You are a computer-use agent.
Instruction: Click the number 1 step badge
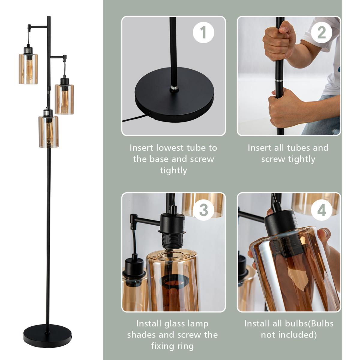[203, 33]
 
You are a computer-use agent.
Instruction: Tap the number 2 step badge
[321, 33]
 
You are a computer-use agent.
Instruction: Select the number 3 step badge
[203, 210]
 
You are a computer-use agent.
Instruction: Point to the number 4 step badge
[322, 210]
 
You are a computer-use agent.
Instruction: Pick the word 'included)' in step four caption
[297, 335]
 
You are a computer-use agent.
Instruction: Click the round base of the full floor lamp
[48, 336]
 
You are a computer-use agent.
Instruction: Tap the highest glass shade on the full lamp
[28, 69]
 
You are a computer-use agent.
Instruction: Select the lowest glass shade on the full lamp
[49, 132]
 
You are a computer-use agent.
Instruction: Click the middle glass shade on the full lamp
[64, 99]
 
